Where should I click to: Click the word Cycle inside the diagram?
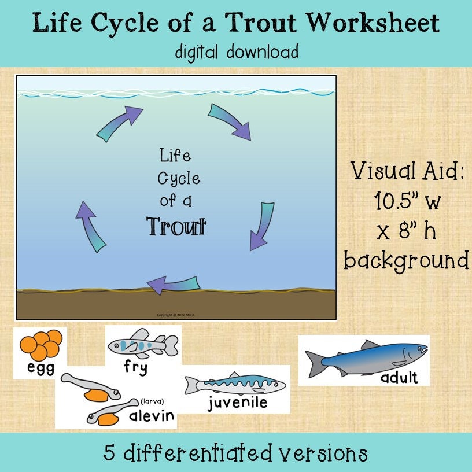pos(179,179)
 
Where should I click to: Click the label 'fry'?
pos(135,367)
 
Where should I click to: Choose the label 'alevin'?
pos(152,416)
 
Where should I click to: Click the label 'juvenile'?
pos(238,403)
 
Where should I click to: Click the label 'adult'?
pos(399,378)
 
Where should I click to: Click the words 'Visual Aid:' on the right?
pos(407,171)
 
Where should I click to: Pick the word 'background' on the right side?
pos(407,260)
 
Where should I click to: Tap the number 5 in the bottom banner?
pos(110,452)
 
